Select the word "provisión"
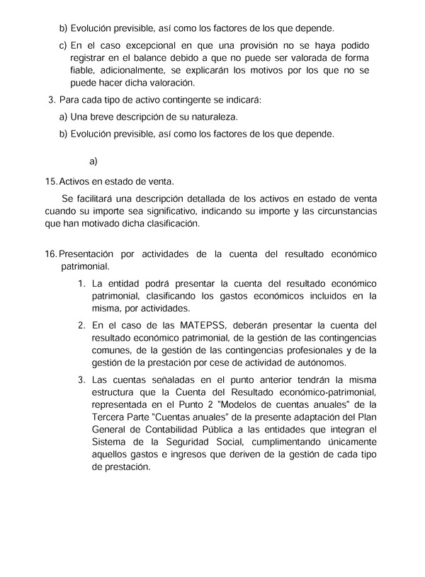click(235, 45)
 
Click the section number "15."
click(50, 182)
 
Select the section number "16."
click(50, 254)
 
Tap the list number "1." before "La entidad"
click(81, 284)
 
